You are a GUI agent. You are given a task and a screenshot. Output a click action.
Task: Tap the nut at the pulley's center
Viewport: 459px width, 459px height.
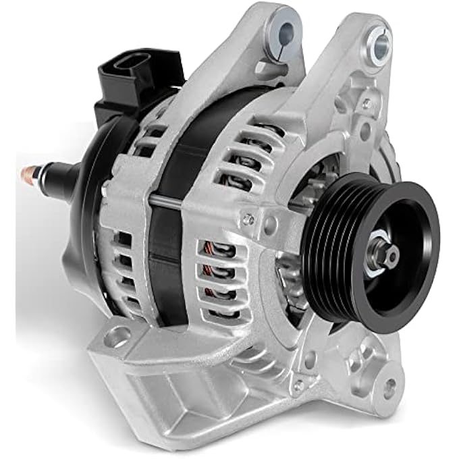390,254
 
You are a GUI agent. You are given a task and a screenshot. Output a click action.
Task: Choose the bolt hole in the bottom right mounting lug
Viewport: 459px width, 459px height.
389,387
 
